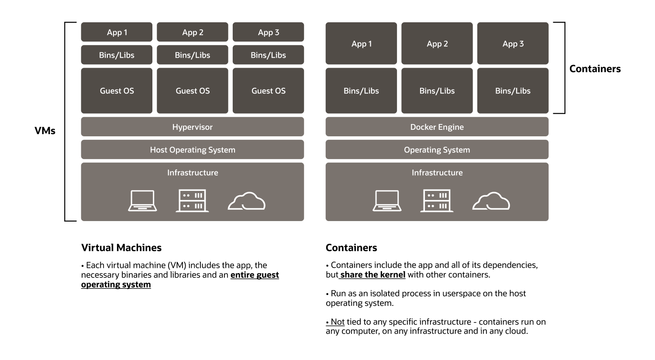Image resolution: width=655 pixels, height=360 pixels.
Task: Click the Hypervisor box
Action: click(x=192, y=127)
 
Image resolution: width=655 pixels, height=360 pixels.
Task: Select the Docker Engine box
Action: click(x=437, y=127)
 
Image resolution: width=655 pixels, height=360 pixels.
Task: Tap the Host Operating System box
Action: click(x=192, y=149)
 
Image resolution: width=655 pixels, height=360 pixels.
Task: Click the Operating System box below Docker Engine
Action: click(x=437, y=149)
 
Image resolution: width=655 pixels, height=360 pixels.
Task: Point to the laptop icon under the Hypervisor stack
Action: click(x=142, y=201)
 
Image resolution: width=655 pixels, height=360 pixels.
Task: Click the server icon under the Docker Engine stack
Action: click(x=437, y=201)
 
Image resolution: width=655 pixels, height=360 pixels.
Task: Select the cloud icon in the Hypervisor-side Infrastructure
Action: click(x=247, y=201)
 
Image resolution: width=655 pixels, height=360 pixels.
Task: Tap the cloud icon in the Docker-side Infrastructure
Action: click(x=491, y=201)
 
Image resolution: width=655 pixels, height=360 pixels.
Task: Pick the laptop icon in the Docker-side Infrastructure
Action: click(x=387, y=201)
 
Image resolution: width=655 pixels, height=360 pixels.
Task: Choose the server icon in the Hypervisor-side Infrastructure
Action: click(x=192, y=201)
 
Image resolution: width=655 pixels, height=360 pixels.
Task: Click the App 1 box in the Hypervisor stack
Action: click(x=117, y=32)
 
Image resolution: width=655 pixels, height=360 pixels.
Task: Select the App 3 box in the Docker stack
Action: click(x=513, y=44)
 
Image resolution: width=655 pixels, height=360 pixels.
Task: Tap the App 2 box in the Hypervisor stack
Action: click(x=193, y=32)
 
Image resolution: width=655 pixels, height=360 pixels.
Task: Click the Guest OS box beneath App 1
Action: click(x=117, y=91)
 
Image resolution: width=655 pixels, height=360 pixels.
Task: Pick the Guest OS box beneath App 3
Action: click(x=268, y=91)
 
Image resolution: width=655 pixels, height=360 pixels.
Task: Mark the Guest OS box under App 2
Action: click(x=193, y=91)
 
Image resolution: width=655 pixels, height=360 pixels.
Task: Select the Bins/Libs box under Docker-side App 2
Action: click(x=437, y=91)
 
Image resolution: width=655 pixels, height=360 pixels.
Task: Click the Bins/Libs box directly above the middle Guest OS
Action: click(x=193, y=55)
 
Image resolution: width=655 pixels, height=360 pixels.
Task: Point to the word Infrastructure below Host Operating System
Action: click(x=193, y=173)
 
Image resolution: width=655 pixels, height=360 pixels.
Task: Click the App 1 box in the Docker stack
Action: click(x=361, y=44)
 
